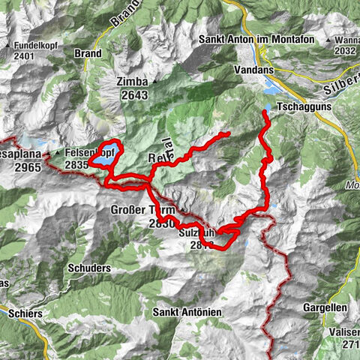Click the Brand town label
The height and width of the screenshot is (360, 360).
coord(88,54)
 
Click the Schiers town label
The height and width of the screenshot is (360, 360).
coord(25,313)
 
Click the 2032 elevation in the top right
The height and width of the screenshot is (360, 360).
coord(345,51)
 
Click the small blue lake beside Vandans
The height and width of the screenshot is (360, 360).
coord(268,88)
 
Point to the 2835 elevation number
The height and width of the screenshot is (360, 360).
coord(80,165)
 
